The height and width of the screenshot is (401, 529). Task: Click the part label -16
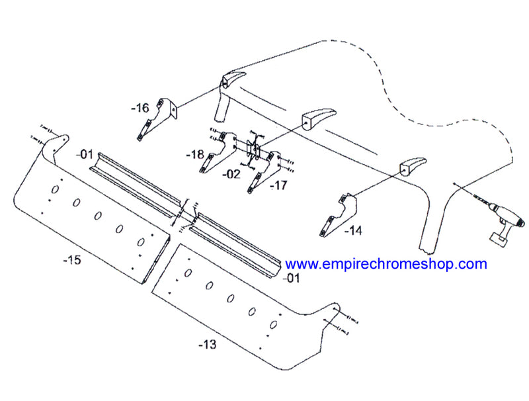[140, 109]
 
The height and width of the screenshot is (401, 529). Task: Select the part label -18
[195, 155]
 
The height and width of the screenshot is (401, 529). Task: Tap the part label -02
[231, 174]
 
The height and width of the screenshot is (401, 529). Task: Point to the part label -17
[278, 185]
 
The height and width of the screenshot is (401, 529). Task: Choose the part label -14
[353, 231]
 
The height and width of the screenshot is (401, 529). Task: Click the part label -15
[72, 260]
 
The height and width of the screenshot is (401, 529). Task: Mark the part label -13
[207, 345]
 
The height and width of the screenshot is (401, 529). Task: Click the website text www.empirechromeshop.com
[386, 264]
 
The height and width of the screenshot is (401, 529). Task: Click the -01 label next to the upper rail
[85, 155]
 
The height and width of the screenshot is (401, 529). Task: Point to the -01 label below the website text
[291, 278]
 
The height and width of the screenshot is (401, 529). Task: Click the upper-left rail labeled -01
[135, 184]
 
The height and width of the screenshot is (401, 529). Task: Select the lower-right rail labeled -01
[236, 245]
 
